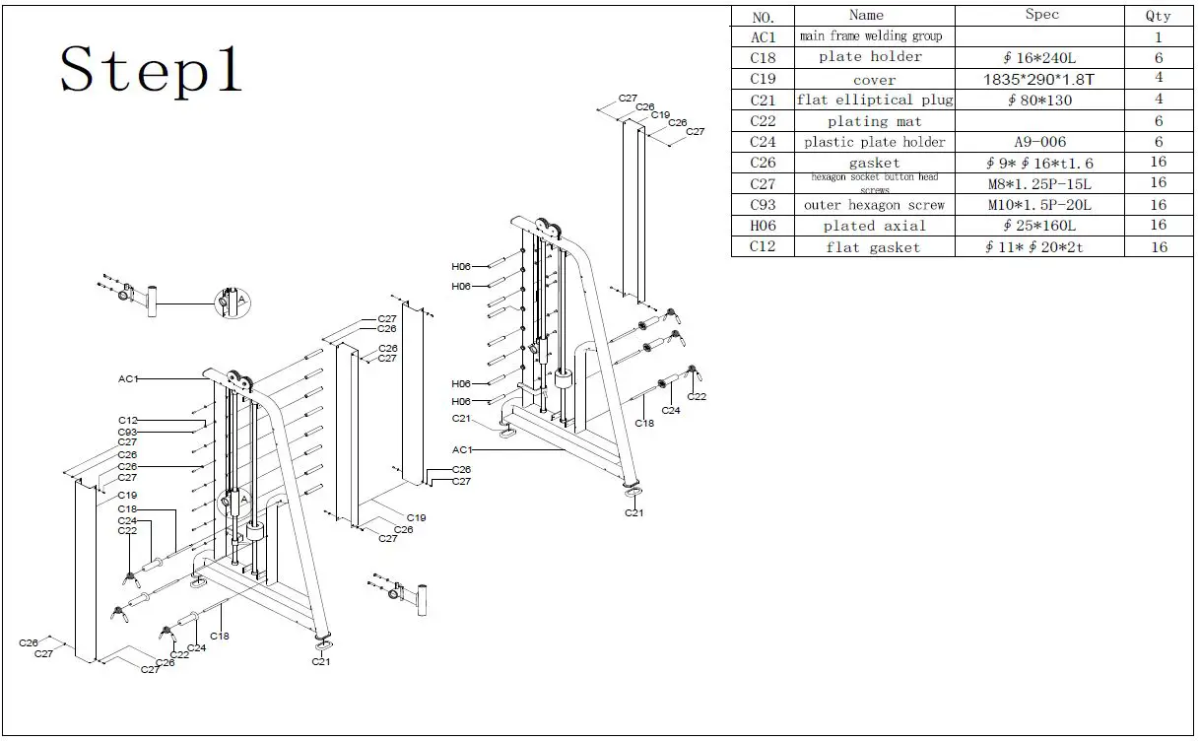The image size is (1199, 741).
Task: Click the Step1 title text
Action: click(151, 71)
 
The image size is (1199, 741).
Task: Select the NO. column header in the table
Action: click(764, 17)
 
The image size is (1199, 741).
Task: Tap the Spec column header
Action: click(1041, 15)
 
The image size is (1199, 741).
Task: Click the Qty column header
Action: click(1159, 16)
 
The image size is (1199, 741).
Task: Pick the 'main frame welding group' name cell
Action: click(871, 36)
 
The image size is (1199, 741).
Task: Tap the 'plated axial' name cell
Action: click(875, 226)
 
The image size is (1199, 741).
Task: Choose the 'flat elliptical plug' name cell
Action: click(875, 100)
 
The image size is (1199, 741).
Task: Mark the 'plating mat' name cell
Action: click(875, 121)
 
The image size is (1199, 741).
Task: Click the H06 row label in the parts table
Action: click(764, 226)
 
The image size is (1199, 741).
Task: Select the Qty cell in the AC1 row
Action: click(1159, 37)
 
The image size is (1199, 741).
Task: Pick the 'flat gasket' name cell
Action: click(873, 247)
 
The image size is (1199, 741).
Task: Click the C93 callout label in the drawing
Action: click(127, 432)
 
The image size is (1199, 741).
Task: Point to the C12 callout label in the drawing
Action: click(127, 421)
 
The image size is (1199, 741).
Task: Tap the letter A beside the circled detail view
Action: click(241, 299)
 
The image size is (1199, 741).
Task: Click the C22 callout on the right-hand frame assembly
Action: click(697, 396)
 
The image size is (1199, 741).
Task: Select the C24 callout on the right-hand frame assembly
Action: click(670, 410)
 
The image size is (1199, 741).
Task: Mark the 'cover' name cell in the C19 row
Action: click(875, 80)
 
